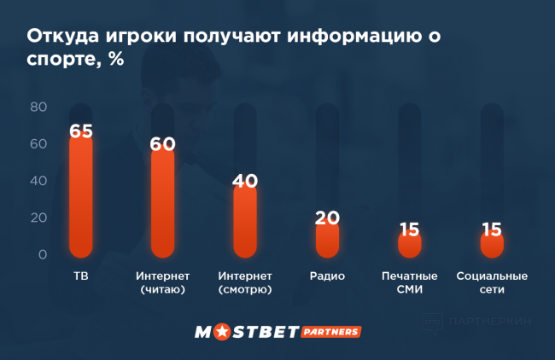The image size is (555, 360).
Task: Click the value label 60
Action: (162, 143)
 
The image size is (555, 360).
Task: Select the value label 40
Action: (245, 181)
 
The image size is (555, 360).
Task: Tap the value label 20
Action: (327, 218)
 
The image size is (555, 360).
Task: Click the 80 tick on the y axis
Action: (38, 107)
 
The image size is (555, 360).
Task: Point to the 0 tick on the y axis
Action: (43, 254)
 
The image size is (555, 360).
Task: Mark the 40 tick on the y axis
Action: (38, 181)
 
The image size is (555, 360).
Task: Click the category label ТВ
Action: (81, 277)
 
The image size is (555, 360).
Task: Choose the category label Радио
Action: (327, 277)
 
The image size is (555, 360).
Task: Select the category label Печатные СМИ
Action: (409, 283)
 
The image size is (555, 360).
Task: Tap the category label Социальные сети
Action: (492, 283)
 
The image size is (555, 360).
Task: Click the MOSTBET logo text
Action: (245, 331)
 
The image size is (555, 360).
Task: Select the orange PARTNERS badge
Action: (330, 331)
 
